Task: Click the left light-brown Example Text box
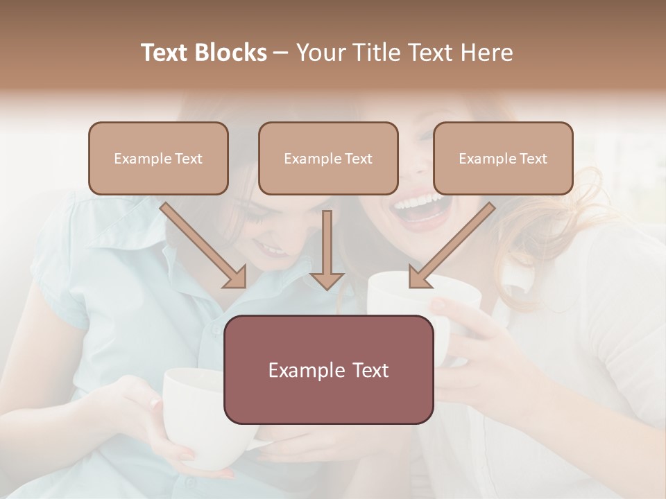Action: tap(158, 159)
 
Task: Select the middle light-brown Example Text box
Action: tap(328, 159)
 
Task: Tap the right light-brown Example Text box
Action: tap(503, 159)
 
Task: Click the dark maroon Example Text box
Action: tap(328, 369)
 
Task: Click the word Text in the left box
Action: tap(189, 159)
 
